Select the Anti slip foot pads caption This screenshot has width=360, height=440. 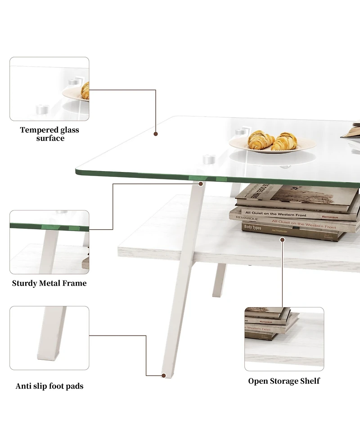tap(49, 386)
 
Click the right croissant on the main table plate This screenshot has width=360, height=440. tap(285, 141)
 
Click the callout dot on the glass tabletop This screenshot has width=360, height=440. tap(156, 134)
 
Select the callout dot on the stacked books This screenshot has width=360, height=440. tap(283, 240)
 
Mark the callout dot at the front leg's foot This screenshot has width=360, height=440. tap(163, 375)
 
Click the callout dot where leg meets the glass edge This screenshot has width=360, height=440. tap(200, 184)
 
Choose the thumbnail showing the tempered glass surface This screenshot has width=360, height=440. tap(49, 89)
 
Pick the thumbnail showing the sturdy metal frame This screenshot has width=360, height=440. tap(49, 242)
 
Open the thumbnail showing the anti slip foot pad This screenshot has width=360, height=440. tap(49, 338)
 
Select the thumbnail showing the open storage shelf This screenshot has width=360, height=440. tap(284, 339)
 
